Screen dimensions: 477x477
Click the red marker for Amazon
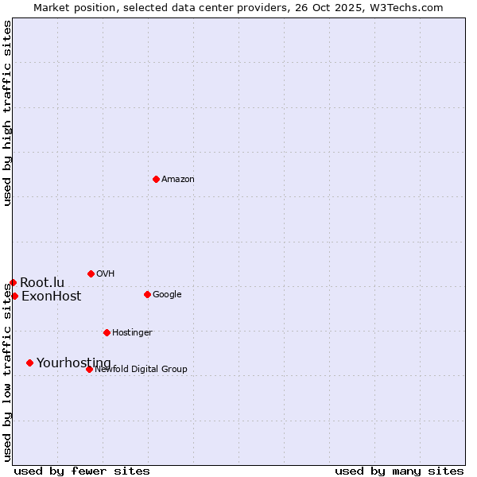pos(156,179)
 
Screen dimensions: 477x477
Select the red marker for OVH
pos(91,273)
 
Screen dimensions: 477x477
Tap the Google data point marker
pos(147,294)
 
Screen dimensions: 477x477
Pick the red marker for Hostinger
pos(107,332)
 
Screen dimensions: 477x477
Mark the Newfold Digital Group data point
pos(89,369)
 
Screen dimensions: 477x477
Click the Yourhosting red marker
pos(29,363)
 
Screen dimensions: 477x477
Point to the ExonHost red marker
pos(14,296)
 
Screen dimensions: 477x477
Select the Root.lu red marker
pos(13,282)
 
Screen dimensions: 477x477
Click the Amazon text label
pos(178,180)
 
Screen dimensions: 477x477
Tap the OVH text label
pos(106,274)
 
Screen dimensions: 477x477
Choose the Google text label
pos(167,295)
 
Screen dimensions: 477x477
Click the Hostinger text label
pos(132,333)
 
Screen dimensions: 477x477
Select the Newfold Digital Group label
pos(141,370)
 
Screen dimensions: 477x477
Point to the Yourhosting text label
pos(74,363)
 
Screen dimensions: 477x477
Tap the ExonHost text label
pos(51,297)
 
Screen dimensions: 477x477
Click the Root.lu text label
pos(42,283)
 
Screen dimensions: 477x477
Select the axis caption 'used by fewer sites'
pos(82,471)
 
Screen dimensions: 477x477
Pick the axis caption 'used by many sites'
pos(399,471)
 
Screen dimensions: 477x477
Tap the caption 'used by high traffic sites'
pos(7,113)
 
